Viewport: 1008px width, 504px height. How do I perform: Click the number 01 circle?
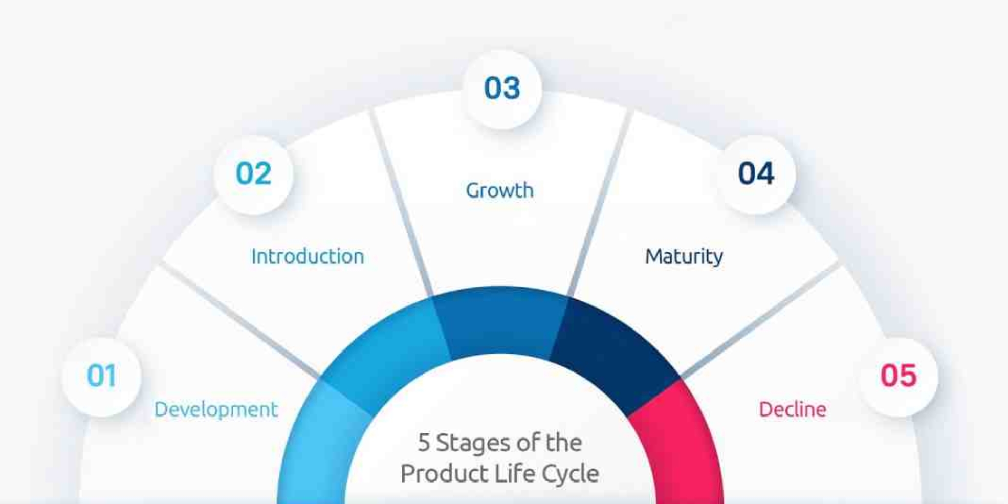101,376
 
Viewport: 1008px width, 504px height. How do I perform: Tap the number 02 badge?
253,173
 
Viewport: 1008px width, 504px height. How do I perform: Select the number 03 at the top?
502,88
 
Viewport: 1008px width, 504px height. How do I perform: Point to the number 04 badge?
756,173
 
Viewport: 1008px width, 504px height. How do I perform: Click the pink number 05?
898,376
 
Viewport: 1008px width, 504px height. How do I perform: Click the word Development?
215,409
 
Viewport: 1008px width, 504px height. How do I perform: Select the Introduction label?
308,256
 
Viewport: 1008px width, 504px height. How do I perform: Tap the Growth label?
499,190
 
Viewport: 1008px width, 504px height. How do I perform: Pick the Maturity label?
684,256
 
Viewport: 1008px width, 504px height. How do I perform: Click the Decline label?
792,409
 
